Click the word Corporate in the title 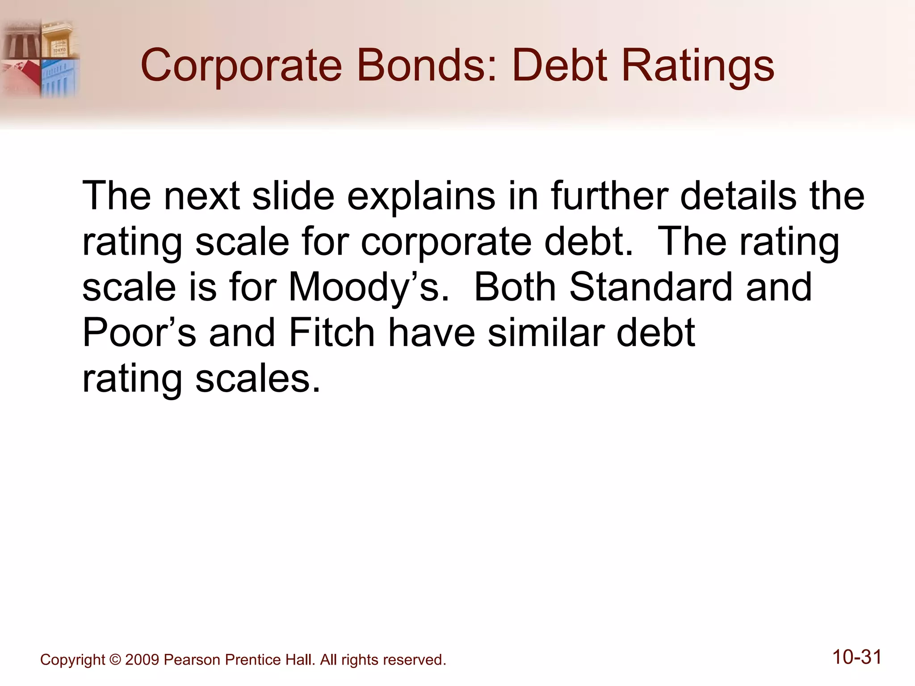point(241,66)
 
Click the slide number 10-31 point(857,657)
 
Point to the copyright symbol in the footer point(115,660)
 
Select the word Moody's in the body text point(369,288)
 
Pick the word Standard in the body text point(651,287)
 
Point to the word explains point(421,197)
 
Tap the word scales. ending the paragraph point(258,379)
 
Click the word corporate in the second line point(446,242)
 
